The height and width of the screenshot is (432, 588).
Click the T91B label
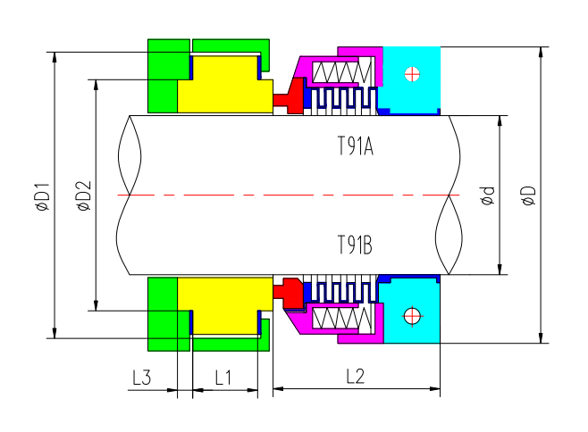(355, 243)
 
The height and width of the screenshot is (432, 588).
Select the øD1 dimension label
(42, 195)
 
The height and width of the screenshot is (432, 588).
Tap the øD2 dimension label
(83, 195)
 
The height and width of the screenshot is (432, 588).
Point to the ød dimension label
(487, 195)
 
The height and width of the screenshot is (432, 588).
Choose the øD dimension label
(527, 195)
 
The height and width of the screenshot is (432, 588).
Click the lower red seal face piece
(290, 292)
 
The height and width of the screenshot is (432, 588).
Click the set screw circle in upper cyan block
(411, 73)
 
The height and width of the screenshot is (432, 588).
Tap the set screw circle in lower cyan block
(411, 315)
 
